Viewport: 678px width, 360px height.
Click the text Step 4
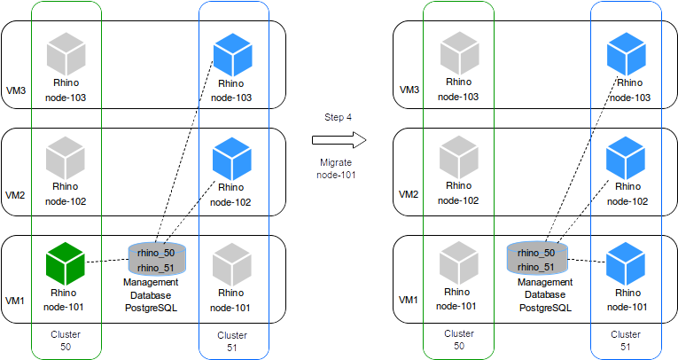point(338,117)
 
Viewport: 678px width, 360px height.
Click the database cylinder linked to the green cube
point(157,258)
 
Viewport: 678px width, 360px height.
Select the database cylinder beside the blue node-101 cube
point(536,258)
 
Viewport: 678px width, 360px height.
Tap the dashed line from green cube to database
point(107,262)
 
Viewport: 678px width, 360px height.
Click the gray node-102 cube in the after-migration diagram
point(459,158)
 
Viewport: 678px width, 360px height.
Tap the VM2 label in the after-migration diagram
point(409,193)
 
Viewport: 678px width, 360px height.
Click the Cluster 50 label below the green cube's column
point(66,340)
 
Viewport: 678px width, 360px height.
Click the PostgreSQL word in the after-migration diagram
point(544,307)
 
